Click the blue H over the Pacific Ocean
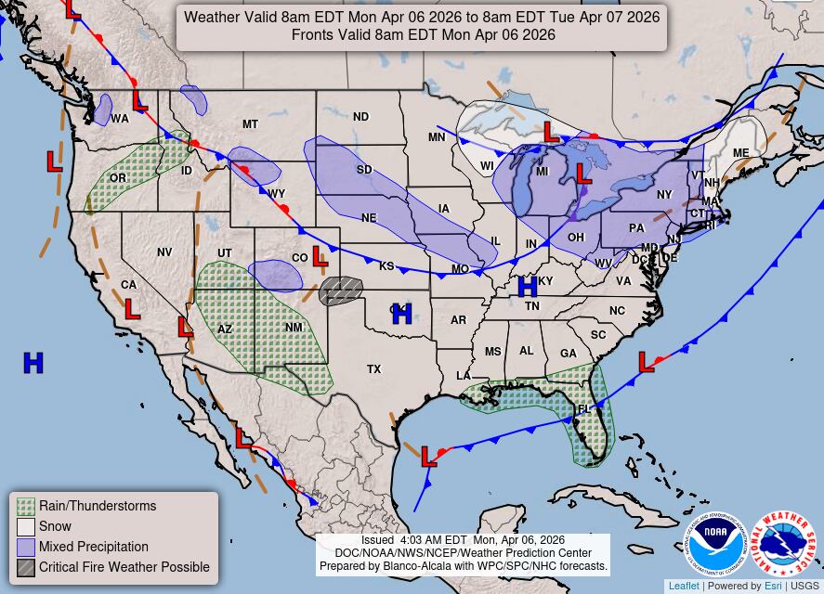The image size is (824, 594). (x=33, y=363)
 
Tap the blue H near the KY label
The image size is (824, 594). (x=528, y=286)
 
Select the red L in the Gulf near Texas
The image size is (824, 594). (x=428, y=457)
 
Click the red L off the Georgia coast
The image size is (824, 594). (x=646, y=363)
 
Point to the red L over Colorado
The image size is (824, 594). (x=320, y=256)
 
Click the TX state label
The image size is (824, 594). (x=373, y=369)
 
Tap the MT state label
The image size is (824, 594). (x=250, y=124)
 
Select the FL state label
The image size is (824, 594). (x=583, y=409)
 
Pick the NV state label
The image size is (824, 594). (x=164, y=252)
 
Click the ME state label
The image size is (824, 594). (x=740, y=153)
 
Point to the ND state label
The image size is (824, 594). (x=360, y=117)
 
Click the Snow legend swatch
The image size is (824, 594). (x=26, y=527)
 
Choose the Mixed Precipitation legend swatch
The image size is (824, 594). (x=26, y=548)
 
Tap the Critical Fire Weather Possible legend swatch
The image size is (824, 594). (x=26, y=568)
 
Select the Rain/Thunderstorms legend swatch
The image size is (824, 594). (x=26, y=507)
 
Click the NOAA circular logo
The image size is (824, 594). (x=717, y=545)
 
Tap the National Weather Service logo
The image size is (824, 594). (x=783, y=545)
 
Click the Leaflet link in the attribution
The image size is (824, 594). (x=684, y=586)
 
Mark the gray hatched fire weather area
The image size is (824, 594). (x=341, y=291)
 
